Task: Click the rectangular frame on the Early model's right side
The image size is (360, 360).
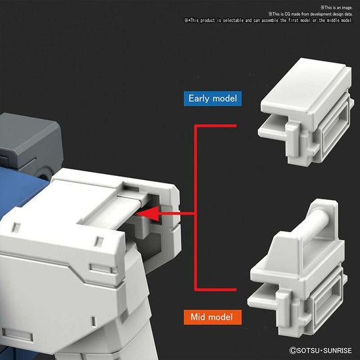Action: click(333, 133)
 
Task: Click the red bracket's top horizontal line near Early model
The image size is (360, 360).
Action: click(217, 125)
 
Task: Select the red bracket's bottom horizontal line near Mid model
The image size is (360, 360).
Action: click(217, 289)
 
